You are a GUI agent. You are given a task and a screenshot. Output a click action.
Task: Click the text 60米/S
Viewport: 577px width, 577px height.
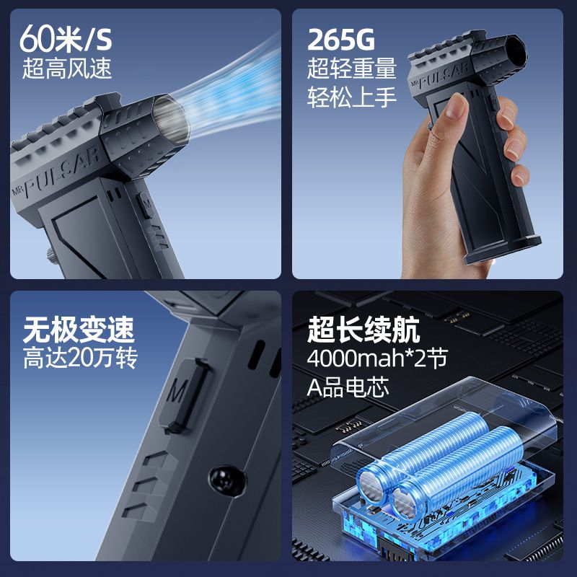pyautogui.click(x=66, y=39)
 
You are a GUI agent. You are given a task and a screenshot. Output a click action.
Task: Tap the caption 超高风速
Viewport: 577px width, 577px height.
pyautogui.click(x=66, y=68)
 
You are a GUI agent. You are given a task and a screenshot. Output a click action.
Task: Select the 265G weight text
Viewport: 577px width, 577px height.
pyautogui.click(x=340, y=40)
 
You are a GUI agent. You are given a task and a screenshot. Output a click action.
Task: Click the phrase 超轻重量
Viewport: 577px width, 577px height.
pyautogui.click(x=352, y=68)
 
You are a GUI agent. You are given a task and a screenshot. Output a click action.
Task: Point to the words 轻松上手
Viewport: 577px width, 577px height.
pyautogui.click(x=352, y=97)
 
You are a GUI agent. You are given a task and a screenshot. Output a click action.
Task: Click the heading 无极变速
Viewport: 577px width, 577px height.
pyautogui.click(x=79, y=330)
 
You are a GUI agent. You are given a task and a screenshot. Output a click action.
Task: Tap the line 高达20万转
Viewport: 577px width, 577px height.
pyautogui.click(x=80, y=358)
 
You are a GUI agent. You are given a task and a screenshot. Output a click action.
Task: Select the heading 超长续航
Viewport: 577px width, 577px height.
pyautogui.click(x=364, y=330)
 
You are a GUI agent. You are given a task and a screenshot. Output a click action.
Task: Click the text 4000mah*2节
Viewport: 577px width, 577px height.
pyautogui.click(x=377, y=358)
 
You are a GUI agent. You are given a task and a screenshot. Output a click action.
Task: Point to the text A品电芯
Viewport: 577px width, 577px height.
pyautogui.click(x=348, y=387)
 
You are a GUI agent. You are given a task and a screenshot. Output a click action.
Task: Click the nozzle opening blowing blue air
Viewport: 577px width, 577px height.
pyautogui.click(x=170, y=118)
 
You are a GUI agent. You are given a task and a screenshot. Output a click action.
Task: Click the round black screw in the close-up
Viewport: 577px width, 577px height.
pyautogui.click(x=227, y=480)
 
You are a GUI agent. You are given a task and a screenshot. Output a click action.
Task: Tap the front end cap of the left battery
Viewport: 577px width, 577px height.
pyautogui.click(x=371, y=483)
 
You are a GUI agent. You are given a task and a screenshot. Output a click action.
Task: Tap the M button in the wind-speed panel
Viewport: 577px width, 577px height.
pyautogui.click(x=146, y=205)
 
